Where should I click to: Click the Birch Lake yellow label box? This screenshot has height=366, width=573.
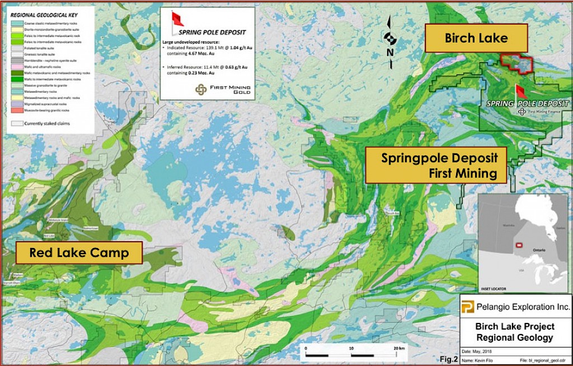tap(476, 38)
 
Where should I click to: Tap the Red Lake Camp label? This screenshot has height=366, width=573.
tap(79, 253)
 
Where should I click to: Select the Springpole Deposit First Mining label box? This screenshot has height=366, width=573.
tap(436, 165)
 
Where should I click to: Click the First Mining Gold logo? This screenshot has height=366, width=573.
tap(200, 89)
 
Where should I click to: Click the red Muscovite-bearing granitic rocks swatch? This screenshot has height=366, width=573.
tap(16, 110)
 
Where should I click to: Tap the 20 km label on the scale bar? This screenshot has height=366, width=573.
tap(400, 348)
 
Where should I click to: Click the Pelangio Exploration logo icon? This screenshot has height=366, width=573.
tap(467, 306)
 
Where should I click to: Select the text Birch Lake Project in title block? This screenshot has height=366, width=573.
tap(514, 326)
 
